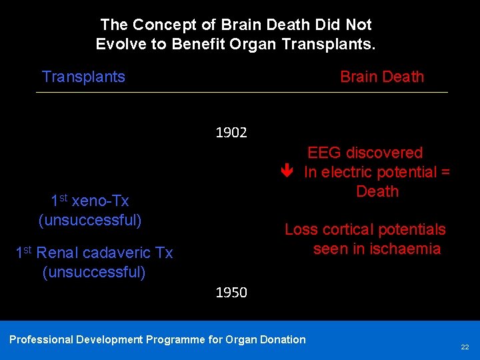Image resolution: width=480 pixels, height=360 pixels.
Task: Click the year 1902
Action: pyautogui.click(x=231, y=133)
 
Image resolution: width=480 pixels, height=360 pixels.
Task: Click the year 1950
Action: pyautogui.click(x=231, y=293)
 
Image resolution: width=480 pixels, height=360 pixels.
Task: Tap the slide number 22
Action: pyautogui.click(x=465, y=347)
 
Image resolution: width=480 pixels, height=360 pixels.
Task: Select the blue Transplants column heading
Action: pyautogui.click(x=83, y=77)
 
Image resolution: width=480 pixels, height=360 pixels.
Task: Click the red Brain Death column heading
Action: pyautogui.click(x=382, y=77)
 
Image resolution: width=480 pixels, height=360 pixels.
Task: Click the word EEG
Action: pyautogui.click(x=323, y=153)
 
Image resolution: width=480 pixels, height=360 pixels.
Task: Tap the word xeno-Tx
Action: pyautogui.click(x=100, y=201)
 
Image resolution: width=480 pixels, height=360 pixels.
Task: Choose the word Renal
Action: pyautogui.click(x=57, y=253)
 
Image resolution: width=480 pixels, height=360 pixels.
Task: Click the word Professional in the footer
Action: pyautogui.click(x=41, y=340)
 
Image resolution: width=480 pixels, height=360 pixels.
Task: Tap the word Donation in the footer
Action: pyautogui.click(x=284, y=340)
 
